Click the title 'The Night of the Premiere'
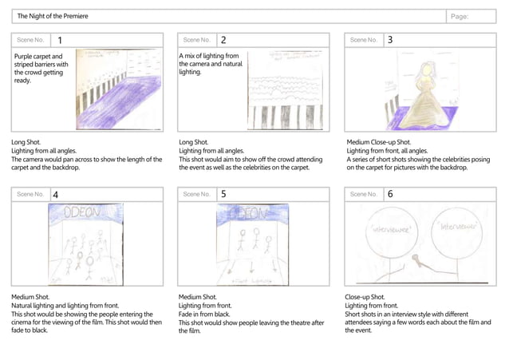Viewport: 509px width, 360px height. (53, 16)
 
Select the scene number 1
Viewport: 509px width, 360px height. (60, 40)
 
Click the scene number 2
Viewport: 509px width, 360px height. (223, 40)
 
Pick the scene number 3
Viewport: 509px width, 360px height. (390, 40)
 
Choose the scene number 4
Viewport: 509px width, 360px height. (55, 194)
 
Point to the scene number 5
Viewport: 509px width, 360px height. (223, 194)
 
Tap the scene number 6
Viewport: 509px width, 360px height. (390, 194)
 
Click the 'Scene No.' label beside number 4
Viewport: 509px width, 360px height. (30, 194)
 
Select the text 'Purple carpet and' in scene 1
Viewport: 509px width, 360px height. (39, 57)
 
